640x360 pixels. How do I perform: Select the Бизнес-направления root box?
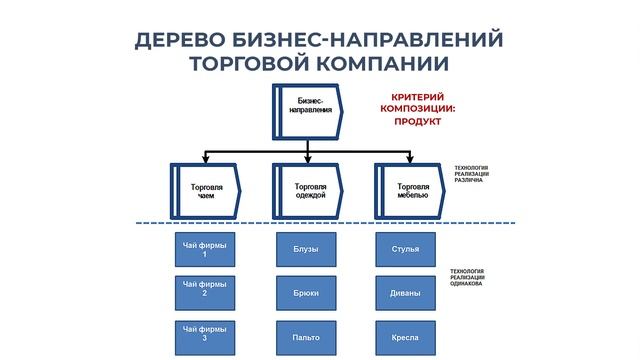(x=308, y=106)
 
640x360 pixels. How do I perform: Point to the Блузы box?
(x=307, y=249)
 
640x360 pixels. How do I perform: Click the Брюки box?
(x=307, y=293)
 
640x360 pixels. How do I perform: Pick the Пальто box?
(x=307, y=335)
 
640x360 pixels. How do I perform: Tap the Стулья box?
(x=405, y=249)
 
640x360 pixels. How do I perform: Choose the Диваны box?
(x=405, y=293)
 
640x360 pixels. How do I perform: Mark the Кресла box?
(x=405, y=335)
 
